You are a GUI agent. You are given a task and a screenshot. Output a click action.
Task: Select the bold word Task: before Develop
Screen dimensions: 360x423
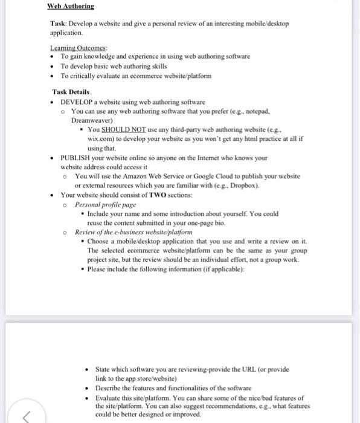(x=59, y=24)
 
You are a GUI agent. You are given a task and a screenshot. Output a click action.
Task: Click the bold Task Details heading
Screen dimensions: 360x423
(x=71, y=92)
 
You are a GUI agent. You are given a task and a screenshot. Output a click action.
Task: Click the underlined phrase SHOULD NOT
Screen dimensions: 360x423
(x=121, y=129)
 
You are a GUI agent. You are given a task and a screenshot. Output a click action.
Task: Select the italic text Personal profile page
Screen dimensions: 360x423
(x=106, y=204)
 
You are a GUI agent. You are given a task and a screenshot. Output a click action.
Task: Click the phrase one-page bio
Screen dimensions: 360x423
(x=207, y=222)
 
